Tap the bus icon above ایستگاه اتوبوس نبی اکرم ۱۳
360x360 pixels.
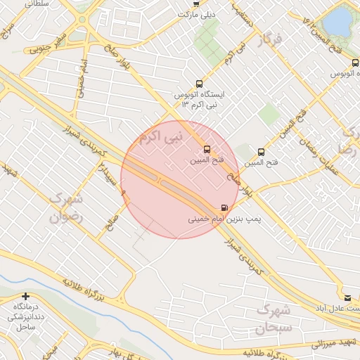tap(198, 83)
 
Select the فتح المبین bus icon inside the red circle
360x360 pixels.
tap(207, 149)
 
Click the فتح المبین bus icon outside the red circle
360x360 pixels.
tap(262, 151)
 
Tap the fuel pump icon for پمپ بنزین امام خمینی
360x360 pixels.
tap(224, 207)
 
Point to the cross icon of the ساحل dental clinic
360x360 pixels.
tap(26, 297)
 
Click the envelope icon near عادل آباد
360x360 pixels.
tap(347, 297)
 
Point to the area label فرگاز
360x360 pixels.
tap(269, 41)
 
